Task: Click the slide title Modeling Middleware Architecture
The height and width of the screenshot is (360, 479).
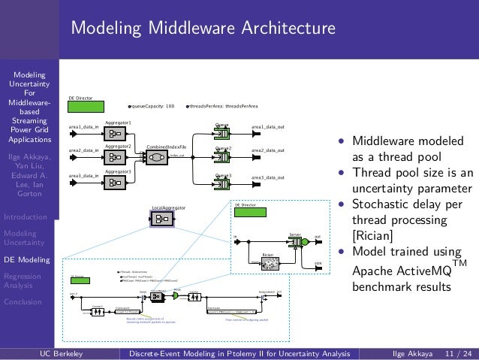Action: point(203,29)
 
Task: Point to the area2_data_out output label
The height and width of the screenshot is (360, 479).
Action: point(267,151)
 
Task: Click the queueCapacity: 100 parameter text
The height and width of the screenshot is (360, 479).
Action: point(153,107)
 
